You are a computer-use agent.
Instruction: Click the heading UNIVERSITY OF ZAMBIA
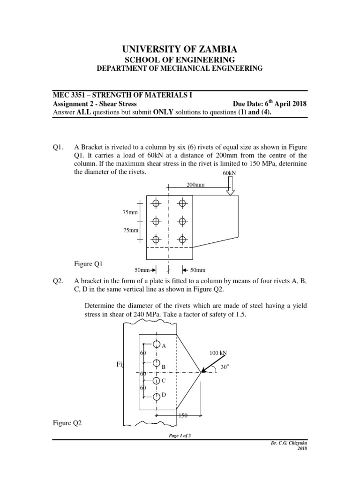tap(180, 49)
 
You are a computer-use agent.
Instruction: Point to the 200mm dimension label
tap(195, 185)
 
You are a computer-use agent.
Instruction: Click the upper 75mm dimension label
tap(130, 212)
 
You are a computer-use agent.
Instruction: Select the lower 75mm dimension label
tap(130, 230)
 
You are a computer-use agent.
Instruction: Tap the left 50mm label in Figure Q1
tap(142, 270)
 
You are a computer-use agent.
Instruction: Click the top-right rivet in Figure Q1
tap(182, 203)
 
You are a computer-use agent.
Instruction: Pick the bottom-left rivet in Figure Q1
tap(156, 239)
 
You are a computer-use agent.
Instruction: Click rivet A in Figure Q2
tap(157, 345)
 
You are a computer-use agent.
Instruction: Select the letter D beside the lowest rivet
tap(164, 396)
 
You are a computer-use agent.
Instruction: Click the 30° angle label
tap(224, 367)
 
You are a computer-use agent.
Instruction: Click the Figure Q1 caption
tap(88, 264)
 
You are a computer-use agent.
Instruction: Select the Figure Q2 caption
tap(67, 423)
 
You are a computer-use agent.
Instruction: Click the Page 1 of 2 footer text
tap(180, 435)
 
